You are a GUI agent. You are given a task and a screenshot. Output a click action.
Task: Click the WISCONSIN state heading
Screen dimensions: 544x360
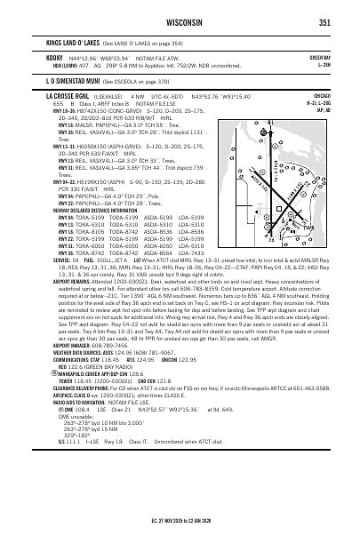tap(180, 22)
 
